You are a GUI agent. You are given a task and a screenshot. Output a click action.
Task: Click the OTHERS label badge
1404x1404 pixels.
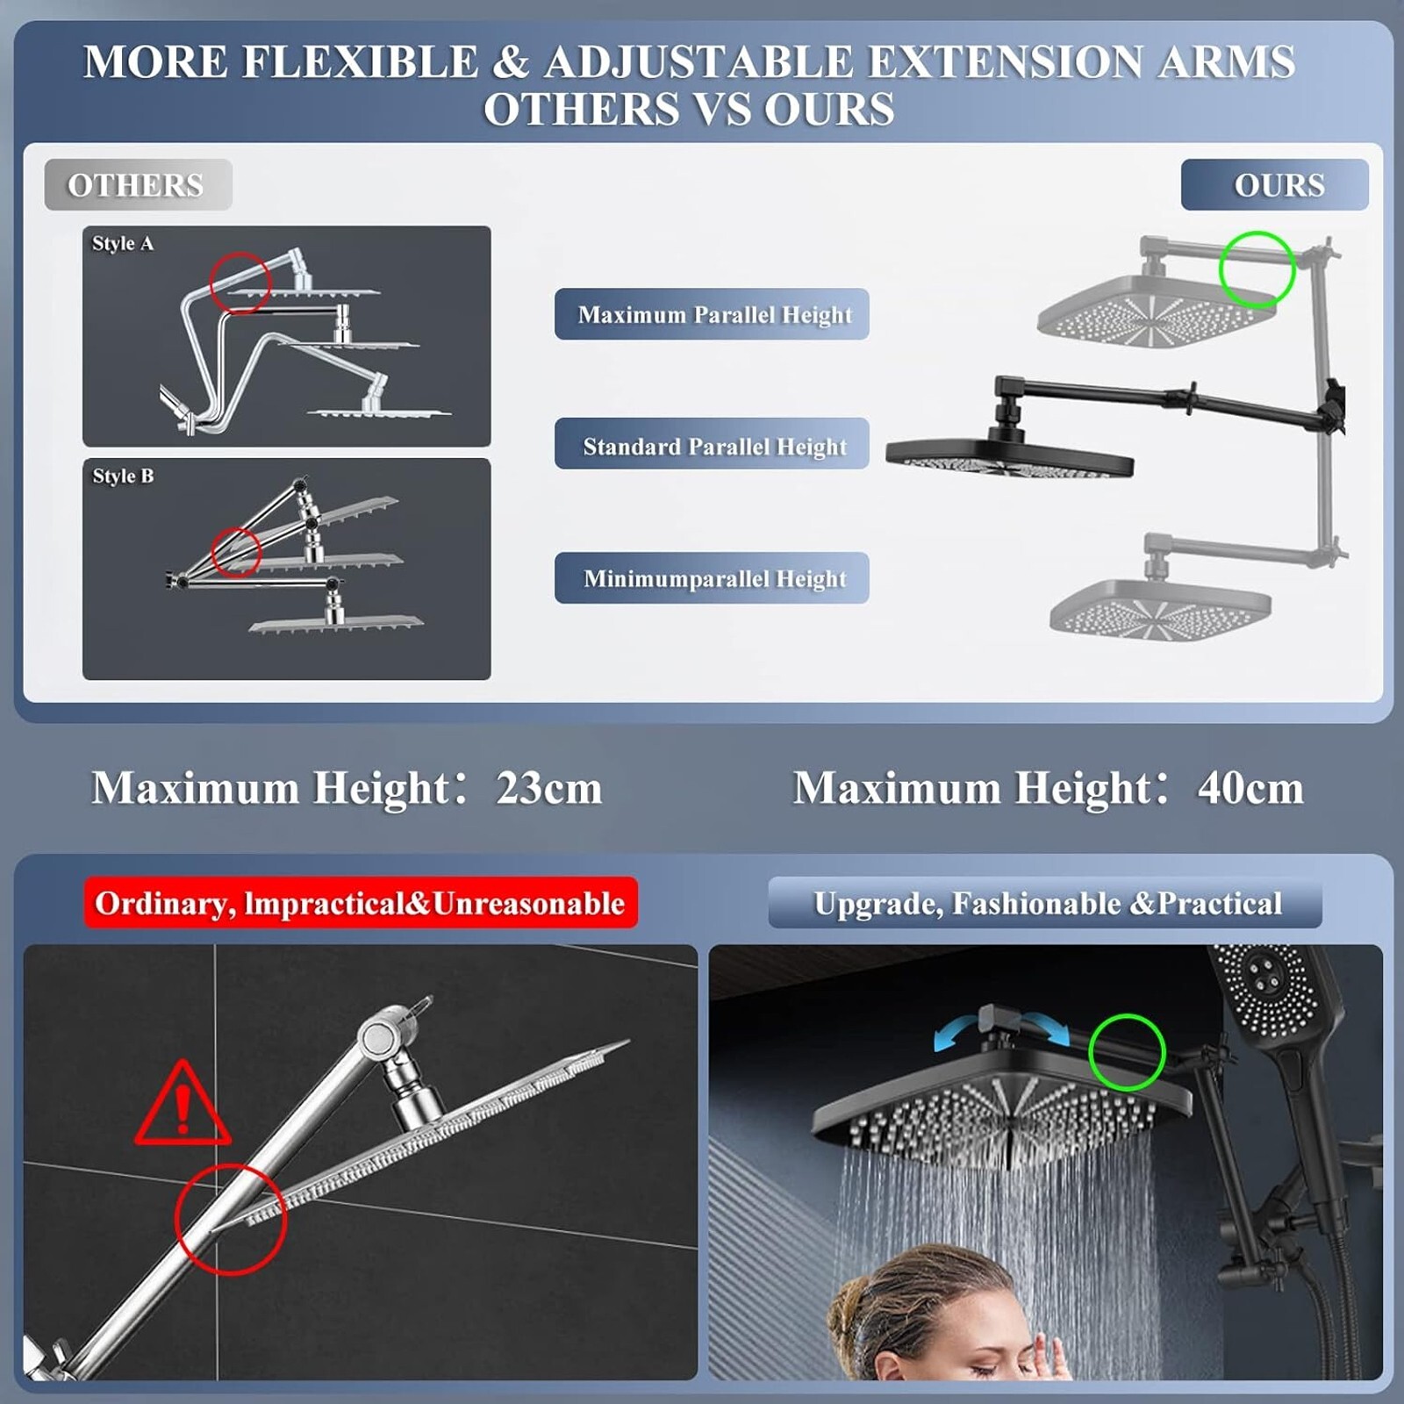(x=138, y=184)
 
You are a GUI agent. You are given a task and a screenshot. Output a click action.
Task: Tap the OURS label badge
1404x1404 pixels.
(x=1274, y=184)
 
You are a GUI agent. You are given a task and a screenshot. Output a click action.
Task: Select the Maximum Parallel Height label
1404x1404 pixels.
(x=712, y=314)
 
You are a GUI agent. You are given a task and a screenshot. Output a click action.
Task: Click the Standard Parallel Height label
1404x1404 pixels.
(x=712, y=444)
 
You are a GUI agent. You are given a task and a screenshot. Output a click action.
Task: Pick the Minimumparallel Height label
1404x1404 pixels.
(x=712, y=578)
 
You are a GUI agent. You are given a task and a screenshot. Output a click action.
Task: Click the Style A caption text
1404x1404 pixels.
(x=123, y=243)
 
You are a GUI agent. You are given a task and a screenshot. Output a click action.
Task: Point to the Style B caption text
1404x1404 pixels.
(x=123, y=476)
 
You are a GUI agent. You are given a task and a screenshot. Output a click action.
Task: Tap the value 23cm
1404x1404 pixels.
(x=549, y=788)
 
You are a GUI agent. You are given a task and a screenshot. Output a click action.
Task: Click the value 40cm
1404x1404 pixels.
(x=1250, y=788)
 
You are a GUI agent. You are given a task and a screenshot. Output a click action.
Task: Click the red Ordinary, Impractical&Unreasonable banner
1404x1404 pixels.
(x=361, y=903)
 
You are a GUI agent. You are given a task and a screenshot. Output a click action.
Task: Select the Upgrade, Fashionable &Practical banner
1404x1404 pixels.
(x=1045, y=903)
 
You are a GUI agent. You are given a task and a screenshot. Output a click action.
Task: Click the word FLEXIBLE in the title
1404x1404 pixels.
(x=360, y=61)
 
